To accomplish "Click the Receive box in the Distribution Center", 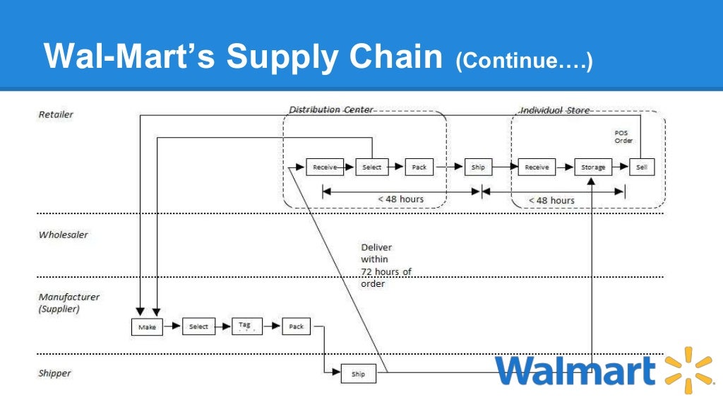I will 325,167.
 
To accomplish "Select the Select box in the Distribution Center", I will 372,167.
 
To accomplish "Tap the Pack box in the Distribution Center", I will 419,167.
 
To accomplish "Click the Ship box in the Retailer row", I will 478,167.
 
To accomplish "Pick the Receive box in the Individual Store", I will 537,167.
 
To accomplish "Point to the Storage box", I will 592,167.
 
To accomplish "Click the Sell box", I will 642,167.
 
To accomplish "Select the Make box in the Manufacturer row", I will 147,327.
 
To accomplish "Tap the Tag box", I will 246,326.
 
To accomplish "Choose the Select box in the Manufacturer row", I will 198,326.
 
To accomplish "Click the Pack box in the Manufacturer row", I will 297,326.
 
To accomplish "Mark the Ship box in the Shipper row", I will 359,374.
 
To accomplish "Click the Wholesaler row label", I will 64,235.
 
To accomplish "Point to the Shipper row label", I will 54,373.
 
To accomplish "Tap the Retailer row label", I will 56,114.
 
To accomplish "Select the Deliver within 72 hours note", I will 386,266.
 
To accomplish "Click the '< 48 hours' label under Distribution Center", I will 400,199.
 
